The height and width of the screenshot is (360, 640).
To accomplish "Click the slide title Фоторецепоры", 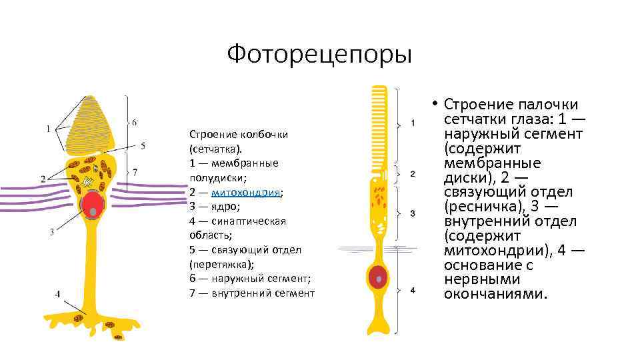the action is (x=319, y=54).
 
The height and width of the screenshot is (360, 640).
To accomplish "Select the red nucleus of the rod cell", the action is (x=379, y=275).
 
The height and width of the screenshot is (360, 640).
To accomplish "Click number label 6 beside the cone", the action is (x=135, y=122).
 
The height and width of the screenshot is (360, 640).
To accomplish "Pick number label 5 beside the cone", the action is (x=143, y=145).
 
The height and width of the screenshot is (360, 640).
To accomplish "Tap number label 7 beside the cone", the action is (x=135, y=172).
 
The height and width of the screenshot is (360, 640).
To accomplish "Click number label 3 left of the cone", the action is (x=51, y=232).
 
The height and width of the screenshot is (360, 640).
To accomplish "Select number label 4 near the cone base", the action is (x=58, y=293).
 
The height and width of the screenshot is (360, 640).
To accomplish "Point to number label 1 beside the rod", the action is (x=413, y=123).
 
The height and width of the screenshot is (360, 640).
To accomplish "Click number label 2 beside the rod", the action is (x=413, y=174).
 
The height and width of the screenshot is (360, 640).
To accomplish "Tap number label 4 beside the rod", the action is (x=413, y=291).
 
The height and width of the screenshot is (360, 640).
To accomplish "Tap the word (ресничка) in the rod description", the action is (x=479, y=207).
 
